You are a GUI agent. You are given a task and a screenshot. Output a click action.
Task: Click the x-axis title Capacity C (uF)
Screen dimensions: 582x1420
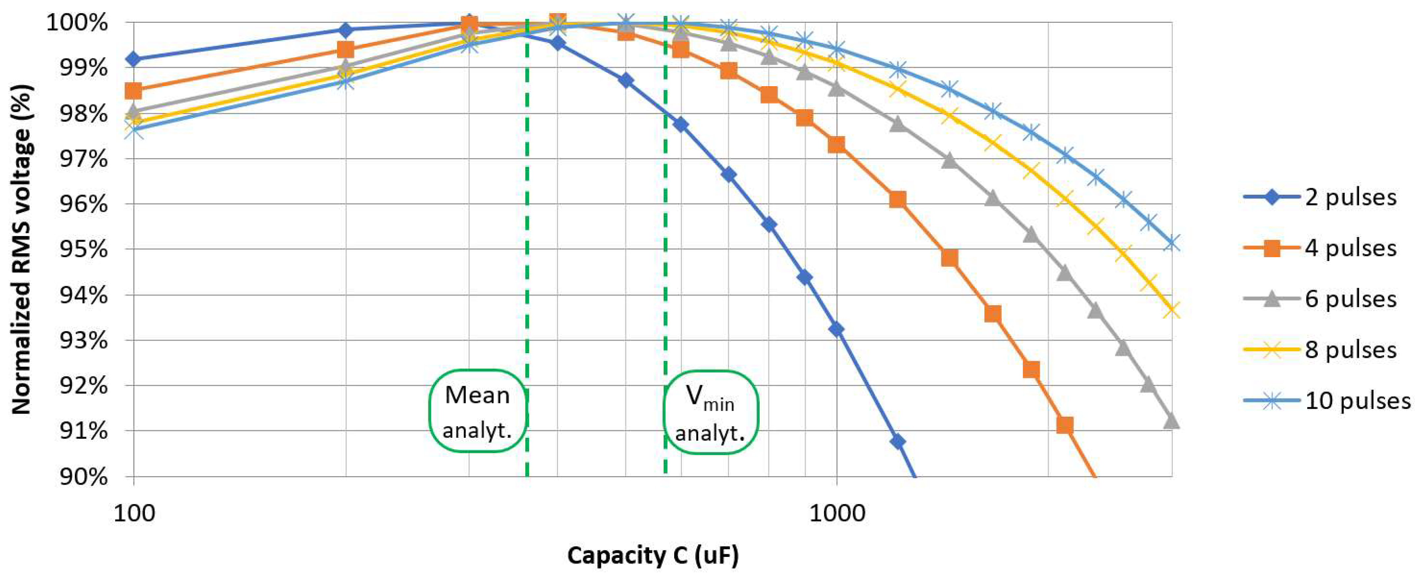(x=653, y=556)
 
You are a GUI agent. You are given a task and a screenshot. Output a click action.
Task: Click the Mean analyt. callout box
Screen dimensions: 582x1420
(x=478, y=411)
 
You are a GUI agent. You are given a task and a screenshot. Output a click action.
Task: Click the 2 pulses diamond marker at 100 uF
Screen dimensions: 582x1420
(x=133, y=59)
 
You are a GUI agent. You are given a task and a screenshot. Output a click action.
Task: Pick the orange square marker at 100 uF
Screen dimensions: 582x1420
(x=133, y=90)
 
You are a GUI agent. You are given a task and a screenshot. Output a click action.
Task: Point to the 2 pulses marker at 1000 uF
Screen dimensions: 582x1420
(x=837, y=329)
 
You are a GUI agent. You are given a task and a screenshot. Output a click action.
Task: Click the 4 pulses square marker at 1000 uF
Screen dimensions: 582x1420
(x=837, y=145)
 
